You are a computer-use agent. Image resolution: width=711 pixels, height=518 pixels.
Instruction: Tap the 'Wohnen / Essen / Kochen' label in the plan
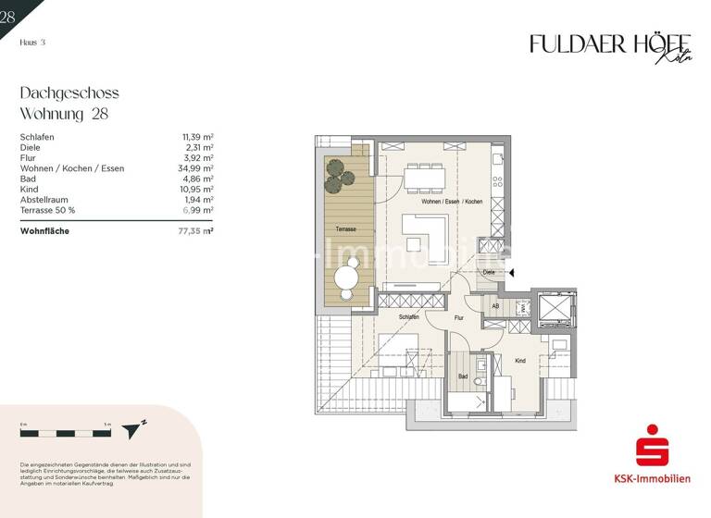click(451, 202)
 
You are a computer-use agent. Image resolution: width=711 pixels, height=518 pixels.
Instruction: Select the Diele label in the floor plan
click(488, 273)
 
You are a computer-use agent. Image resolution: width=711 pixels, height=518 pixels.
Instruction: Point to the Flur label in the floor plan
click(458, 317)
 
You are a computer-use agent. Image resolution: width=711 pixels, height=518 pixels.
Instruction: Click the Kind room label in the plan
click(520, 361)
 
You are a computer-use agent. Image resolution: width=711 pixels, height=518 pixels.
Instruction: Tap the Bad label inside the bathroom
click(463, 376)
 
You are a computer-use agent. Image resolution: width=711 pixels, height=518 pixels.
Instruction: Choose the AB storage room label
click(495, 306)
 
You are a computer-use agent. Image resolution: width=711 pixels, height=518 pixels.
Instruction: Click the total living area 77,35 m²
click(195, 231)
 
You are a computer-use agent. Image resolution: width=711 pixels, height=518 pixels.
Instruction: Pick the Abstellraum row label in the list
click(44, 199)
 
